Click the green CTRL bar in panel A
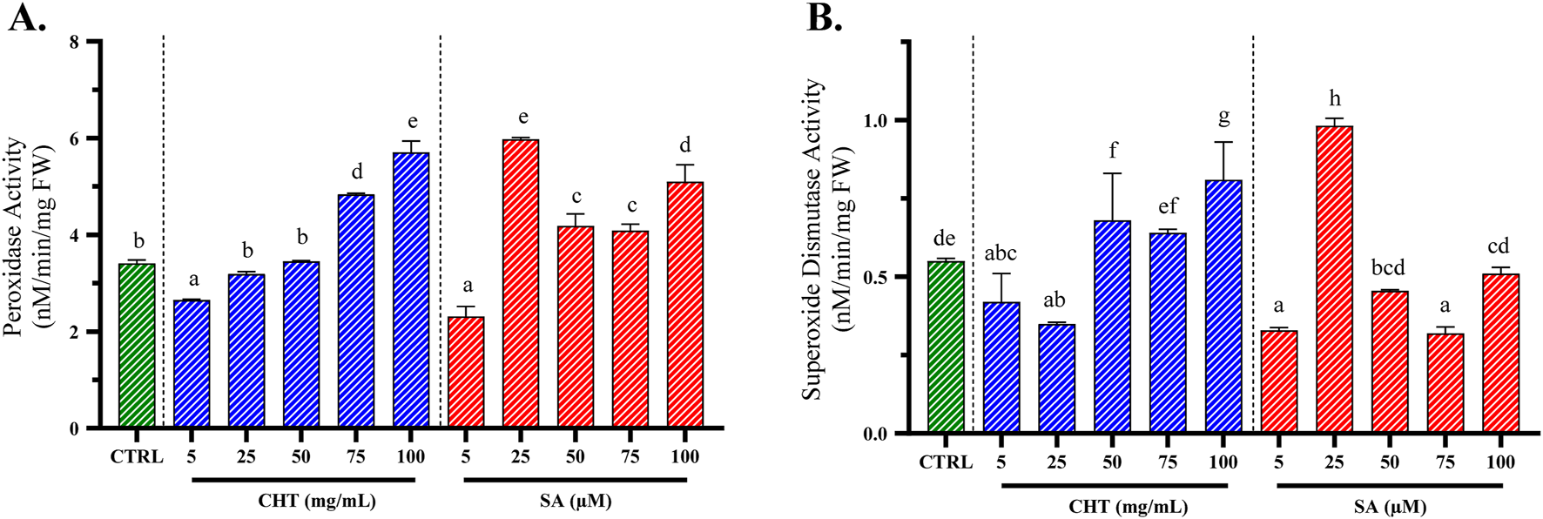pos(137,346)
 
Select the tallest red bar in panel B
pos(1334,280)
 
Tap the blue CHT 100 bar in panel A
pos(410,291)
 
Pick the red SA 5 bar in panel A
pos(466,373)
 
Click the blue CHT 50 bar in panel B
pos(1112,327)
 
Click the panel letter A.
pos(25,17)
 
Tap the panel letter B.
pos(824,17)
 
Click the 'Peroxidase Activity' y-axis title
pos(15,235)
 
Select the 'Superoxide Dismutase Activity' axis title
pos(812,239)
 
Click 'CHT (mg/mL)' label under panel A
pos(317,501)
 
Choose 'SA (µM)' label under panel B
pos(1391,506)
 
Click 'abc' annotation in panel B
pos(1001,253)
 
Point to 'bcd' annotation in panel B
pos(1389,267)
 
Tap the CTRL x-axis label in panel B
pos(946,462)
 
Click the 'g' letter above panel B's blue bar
pos(1223,118)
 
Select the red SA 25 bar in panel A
pos(521,284)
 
